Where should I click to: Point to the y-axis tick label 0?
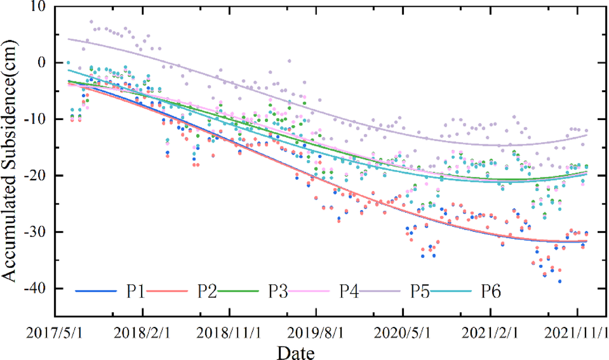pyautogui.click(x=42, y=63)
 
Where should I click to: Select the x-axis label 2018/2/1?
pyautogui.click(x=143, y=331)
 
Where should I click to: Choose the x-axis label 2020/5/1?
pyautogui.click(x=403, y=331)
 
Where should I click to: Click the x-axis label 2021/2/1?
pyautogui.click(x=490, y=331)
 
